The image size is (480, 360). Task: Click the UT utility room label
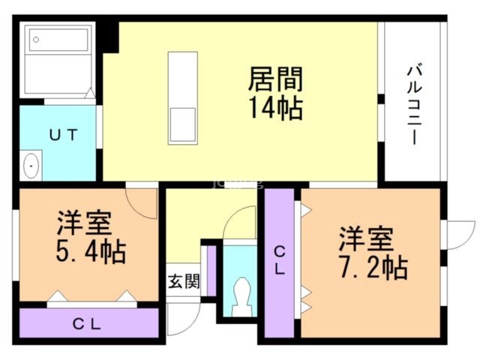pyautogui.click(x=64, y=135)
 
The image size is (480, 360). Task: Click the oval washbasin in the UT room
pyautogui.click(x=31, y=166)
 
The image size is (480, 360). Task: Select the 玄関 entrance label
pyautogui.click(x=183, y=282)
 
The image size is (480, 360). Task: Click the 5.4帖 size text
pyautogui.click(x=89, y=250)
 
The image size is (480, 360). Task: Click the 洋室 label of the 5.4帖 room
pyautogui.click(x=84, y=223)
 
